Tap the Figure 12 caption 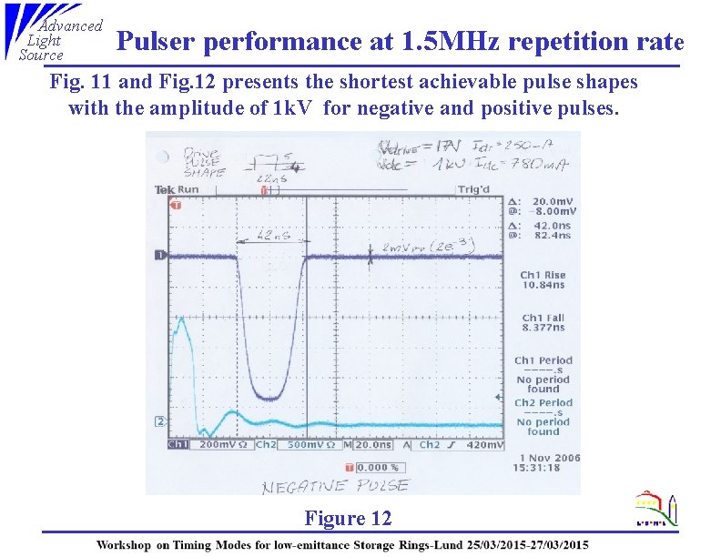pos(348,519)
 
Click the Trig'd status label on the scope pos(473,190)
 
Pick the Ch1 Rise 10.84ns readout pos(543,279)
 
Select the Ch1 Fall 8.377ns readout pos(543,322)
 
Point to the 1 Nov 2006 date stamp pos(549,458)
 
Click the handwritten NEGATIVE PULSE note pos(335,486)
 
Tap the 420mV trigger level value pos(483,446)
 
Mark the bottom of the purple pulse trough pos(271,398)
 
